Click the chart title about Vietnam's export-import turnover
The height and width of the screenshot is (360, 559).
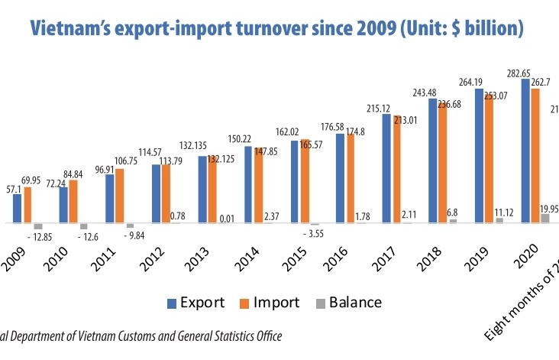click(x=276, y=30)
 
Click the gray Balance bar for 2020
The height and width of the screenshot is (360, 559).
click(x=545, y=219)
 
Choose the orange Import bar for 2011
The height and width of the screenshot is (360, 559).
click(x=120, y=196)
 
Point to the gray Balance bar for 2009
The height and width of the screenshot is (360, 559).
click(x=37, y=226)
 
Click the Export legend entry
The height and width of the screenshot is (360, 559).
click(x=196, y=302)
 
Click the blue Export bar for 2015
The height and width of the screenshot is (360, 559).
click(x=295, y=182)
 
